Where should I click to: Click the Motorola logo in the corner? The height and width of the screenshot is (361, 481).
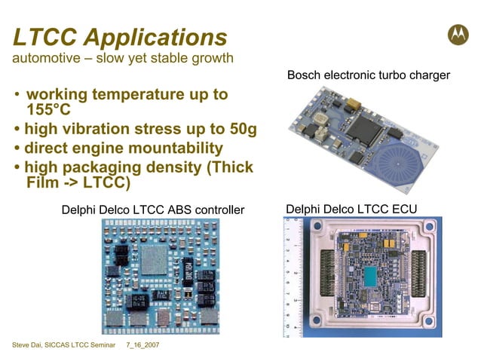click(x=457, y=35)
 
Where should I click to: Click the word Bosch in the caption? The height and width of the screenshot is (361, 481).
click(x=303, y=75)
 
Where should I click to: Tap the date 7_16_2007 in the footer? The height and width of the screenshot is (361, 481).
click(x=142, y=345)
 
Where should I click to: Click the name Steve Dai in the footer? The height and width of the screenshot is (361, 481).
click(x=29, y=345)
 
